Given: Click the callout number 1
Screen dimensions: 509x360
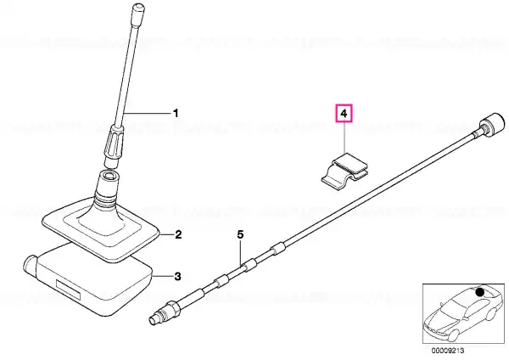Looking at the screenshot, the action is [176, 114].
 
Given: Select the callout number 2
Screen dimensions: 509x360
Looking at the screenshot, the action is [178, 234].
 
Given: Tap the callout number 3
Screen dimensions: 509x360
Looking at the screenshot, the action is [177, 277].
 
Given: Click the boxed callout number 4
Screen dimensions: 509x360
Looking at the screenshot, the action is [344, 114].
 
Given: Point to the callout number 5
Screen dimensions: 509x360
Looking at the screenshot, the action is [240, 234].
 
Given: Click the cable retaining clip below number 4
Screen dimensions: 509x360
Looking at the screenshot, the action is [345, 171].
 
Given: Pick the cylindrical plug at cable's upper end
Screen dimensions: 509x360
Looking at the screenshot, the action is [492, 123].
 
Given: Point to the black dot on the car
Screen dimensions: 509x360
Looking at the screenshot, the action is [480, 292].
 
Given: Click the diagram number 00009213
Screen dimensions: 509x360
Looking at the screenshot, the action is [448, 351].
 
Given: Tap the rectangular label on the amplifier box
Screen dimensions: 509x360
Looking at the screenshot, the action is [68, 290].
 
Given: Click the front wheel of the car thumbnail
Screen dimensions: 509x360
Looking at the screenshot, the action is [453, 335].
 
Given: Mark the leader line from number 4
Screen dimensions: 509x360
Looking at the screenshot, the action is [344, 138].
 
